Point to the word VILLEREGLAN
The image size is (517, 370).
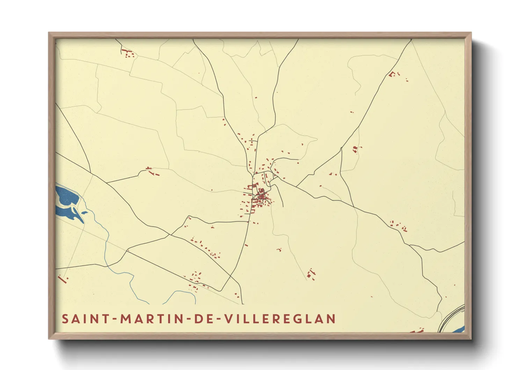pos(280,319)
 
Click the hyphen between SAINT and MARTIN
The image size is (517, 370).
pos(114,319)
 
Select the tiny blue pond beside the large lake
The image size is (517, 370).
pos(85,212)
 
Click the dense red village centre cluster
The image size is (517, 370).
pos(261,197)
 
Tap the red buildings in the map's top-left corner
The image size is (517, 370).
pos(128,54)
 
